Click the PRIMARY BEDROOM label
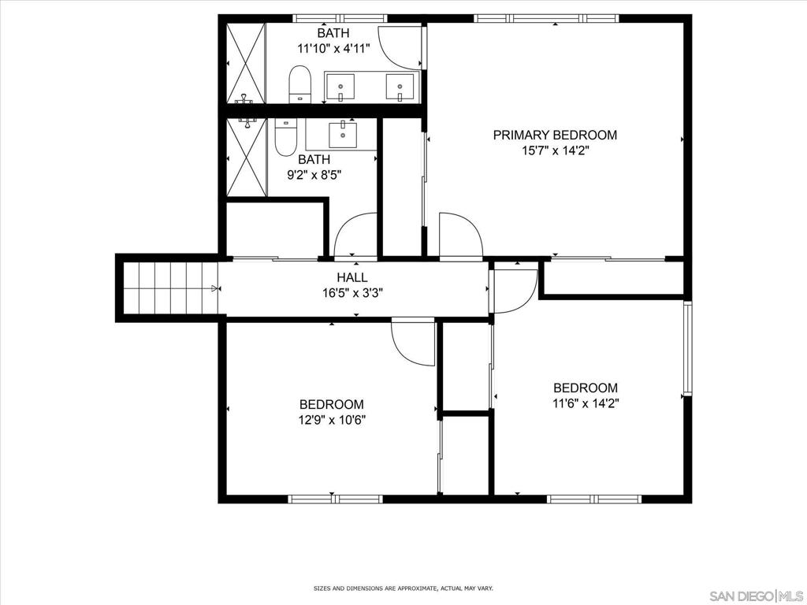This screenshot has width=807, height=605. (x=555, y=135)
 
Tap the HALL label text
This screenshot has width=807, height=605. (x=352, y=278)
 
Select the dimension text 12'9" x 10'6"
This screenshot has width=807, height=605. (x=332, y=421)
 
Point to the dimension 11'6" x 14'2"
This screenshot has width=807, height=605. (x=586, y=403)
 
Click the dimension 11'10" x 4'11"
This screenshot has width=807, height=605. (x=333, y=49)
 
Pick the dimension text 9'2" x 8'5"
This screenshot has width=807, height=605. (x=314, y=175)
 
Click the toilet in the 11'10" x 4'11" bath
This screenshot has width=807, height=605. (x=300, y=84)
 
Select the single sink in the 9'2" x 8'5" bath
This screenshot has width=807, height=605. (x=342, y=135)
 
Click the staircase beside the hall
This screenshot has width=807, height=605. (x=171, y=288)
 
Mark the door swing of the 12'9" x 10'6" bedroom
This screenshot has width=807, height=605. (x=413, y=343)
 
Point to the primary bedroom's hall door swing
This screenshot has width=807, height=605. (x=460, y=235)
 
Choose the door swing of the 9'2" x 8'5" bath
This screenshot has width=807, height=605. (x=355, y=235)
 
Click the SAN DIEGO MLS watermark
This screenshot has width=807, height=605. (x=756, y=596)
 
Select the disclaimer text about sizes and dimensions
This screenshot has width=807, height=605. (x=403, y=588)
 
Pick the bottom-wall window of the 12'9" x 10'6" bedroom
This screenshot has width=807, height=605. (x=335, y=499)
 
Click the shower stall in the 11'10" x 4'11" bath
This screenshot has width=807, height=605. (x=246, y=63)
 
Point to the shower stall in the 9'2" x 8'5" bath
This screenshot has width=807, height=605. (x=247, y=157)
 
